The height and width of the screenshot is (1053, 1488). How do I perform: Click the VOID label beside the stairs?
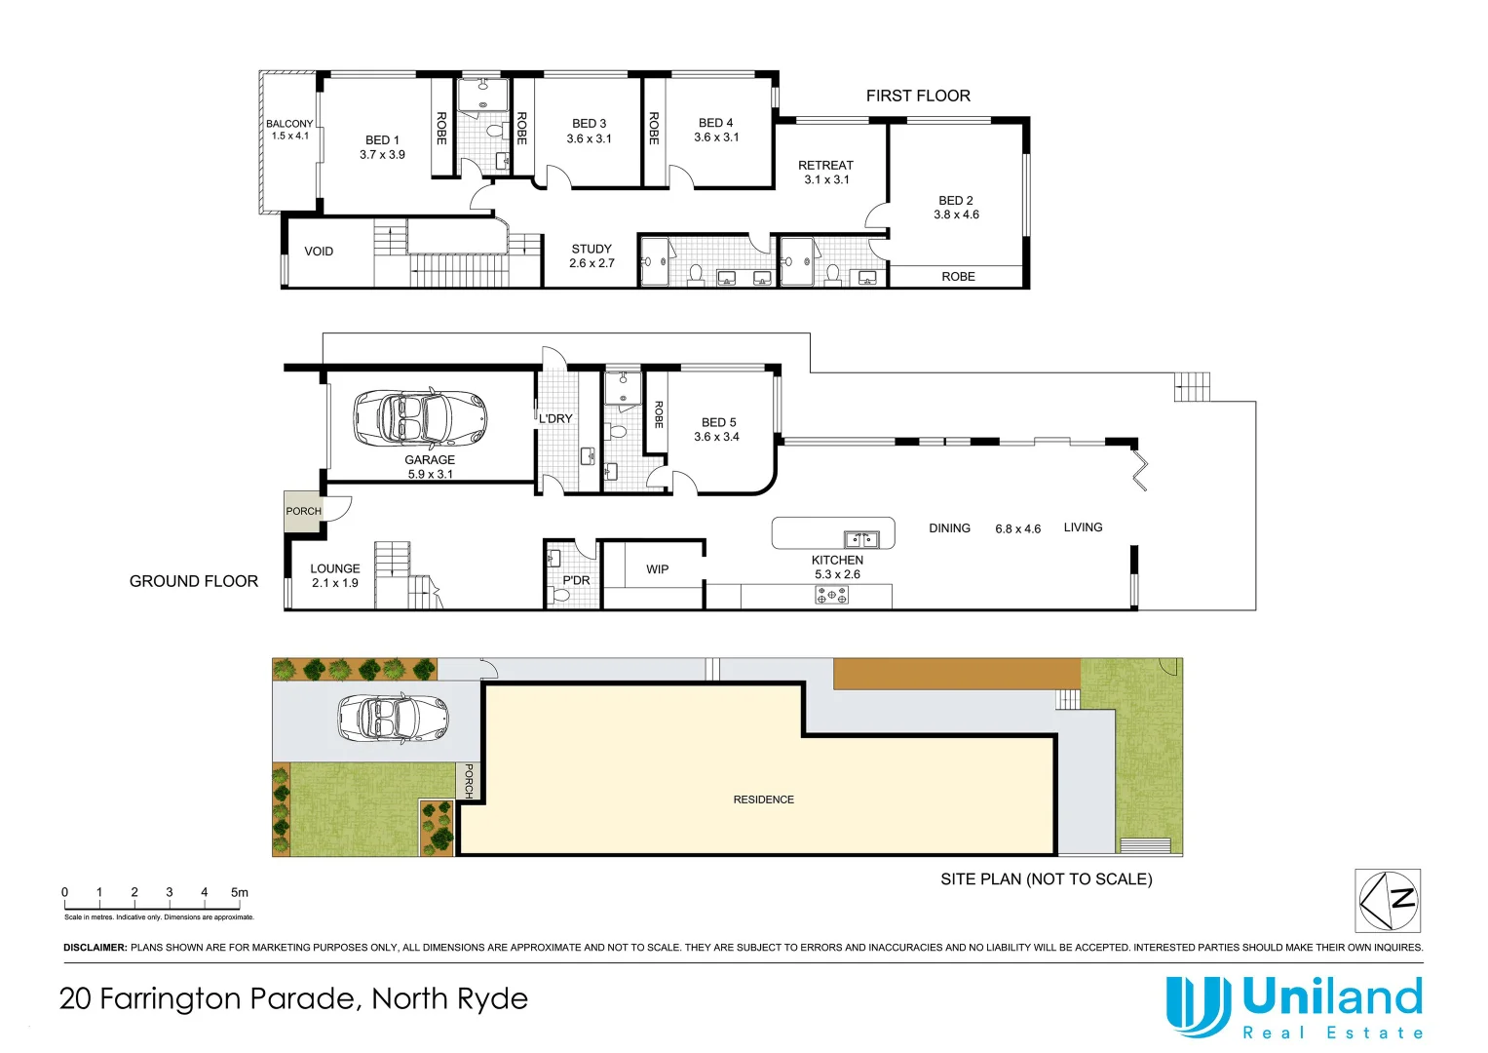319,252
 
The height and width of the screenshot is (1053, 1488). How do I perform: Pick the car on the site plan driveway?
393,718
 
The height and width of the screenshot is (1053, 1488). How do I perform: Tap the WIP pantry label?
658,569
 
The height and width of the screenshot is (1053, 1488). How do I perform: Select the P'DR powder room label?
576,580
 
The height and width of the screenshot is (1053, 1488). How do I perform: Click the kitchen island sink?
861,538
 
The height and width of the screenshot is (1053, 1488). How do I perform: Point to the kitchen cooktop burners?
831,595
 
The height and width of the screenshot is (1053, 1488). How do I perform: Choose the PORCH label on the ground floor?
303,511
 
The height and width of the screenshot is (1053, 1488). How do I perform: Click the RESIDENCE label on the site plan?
763,799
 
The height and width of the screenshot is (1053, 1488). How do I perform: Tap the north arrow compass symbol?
1388,900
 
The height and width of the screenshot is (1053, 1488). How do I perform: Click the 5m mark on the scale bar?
239,893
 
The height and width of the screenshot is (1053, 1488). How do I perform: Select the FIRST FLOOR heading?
918,96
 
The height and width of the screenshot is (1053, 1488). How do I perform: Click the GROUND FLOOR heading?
194,581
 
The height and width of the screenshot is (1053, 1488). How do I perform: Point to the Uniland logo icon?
1198,1005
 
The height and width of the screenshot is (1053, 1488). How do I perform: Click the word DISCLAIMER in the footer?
95,948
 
